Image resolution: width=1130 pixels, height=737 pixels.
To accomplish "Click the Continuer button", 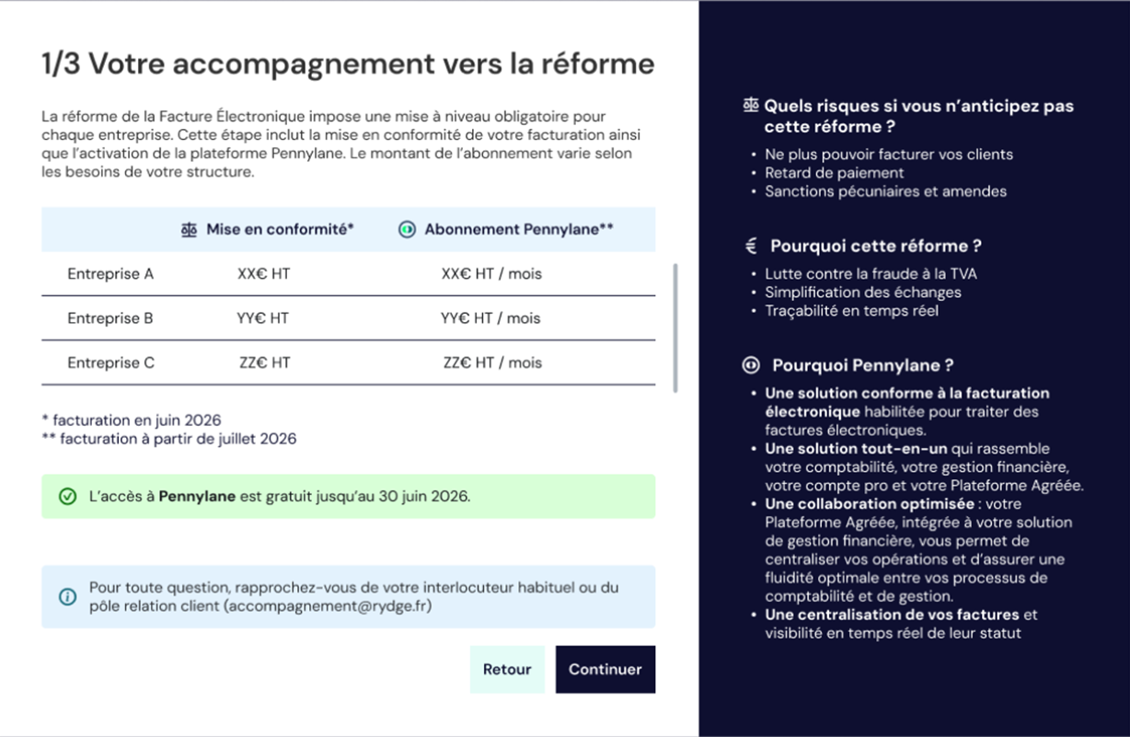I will tap(605, 669).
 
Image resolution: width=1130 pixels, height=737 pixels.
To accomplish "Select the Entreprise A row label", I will tap(110, 274).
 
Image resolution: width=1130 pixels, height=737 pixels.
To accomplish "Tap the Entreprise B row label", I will tap(110, 318).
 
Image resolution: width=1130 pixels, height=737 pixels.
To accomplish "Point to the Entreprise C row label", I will tap(110, 363).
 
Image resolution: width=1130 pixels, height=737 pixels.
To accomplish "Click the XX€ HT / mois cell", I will tap(491, 274).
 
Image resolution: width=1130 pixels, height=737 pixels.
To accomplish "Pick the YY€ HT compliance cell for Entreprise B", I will tap(262, 318).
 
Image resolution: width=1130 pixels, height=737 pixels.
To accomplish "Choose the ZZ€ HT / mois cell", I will tap(492, 363).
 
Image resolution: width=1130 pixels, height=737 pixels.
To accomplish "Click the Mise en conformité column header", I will tap(279, 230).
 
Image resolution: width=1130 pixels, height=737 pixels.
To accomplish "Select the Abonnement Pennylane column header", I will tap(518, 230).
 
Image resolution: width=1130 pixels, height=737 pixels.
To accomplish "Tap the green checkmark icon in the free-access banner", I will tap(67, 497).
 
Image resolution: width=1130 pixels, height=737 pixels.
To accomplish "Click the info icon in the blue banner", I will tap(67, 597).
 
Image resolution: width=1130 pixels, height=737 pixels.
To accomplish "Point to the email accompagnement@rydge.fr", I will tap(329, 606).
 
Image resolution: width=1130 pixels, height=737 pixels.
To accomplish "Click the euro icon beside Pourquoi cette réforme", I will tap(751, 246).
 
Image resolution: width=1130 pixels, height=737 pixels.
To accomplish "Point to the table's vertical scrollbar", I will tap(676, 328).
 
